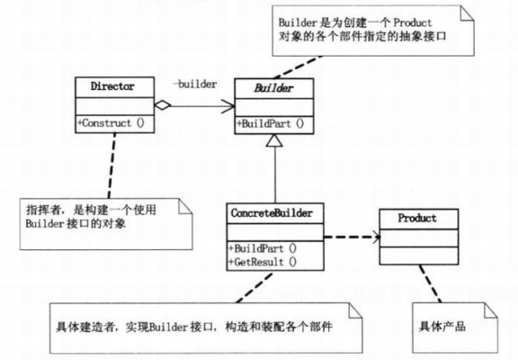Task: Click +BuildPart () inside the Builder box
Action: pos(269,123)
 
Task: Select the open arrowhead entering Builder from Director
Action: pos(225,104)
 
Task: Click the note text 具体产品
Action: pos(441,322)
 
